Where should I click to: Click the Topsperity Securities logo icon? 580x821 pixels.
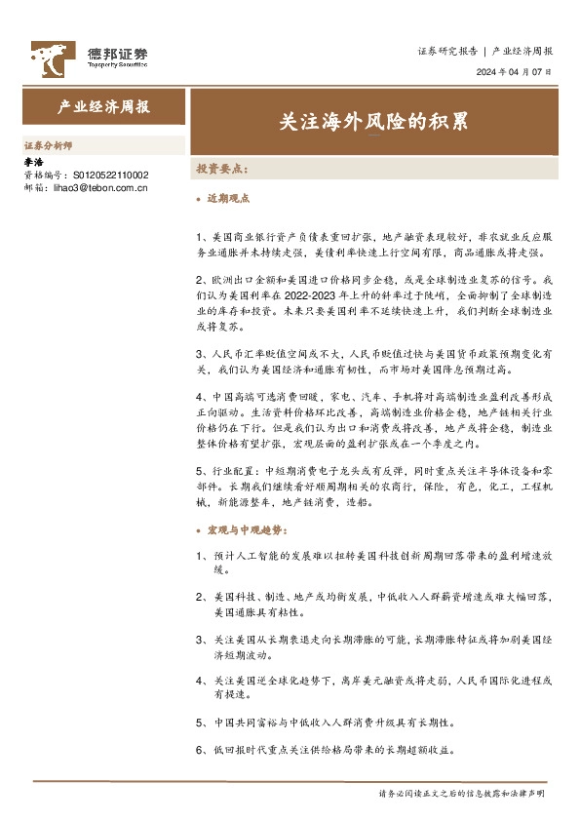50,58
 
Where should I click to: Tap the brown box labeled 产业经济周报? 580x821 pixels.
103,107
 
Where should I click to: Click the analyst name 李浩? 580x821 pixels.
33,162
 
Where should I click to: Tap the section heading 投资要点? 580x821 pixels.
222,169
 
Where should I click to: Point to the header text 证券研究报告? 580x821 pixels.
447,51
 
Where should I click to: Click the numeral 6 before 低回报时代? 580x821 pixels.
199,751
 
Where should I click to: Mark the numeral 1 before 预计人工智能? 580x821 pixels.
199,556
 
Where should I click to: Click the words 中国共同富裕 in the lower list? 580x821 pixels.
243,724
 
